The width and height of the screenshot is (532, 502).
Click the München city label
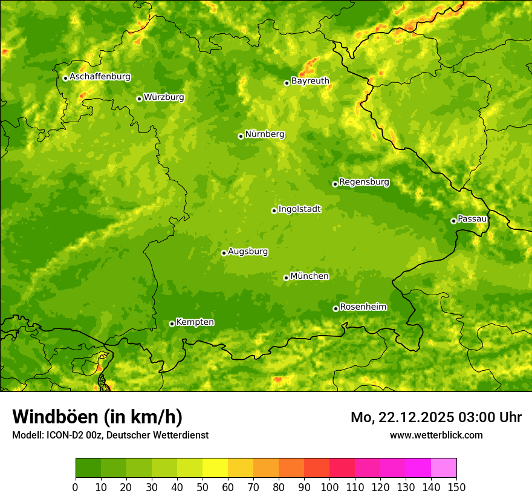pos(310,276)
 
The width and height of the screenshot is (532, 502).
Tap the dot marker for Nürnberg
pos(241,136)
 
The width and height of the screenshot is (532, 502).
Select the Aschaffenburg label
pos(100,77)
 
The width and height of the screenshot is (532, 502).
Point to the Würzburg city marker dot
pos(139,99)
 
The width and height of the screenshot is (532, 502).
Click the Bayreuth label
pos(310,81)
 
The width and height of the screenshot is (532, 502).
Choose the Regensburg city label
pos(364,182)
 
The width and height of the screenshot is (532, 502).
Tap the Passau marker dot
pos(453,221)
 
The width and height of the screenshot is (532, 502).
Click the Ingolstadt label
pos(299,209)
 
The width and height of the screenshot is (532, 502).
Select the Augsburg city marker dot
pos(224,253)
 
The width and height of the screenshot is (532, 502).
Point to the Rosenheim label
pos(363,307)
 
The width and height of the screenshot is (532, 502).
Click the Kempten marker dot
pos(172,324)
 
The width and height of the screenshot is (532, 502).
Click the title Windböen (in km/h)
pos(97,417)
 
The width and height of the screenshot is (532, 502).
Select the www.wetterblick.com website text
pos(436,435)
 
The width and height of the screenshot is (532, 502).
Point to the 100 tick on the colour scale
pos(329,487)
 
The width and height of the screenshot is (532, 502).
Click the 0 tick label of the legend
pos(76,487)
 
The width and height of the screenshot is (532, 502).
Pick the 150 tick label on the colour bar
pos(456,487)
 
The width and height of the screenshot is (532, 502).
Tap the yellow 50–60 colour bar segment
pos(215,468)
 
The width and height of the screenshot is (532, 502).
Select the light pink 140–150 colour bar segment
pos(444,468)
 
